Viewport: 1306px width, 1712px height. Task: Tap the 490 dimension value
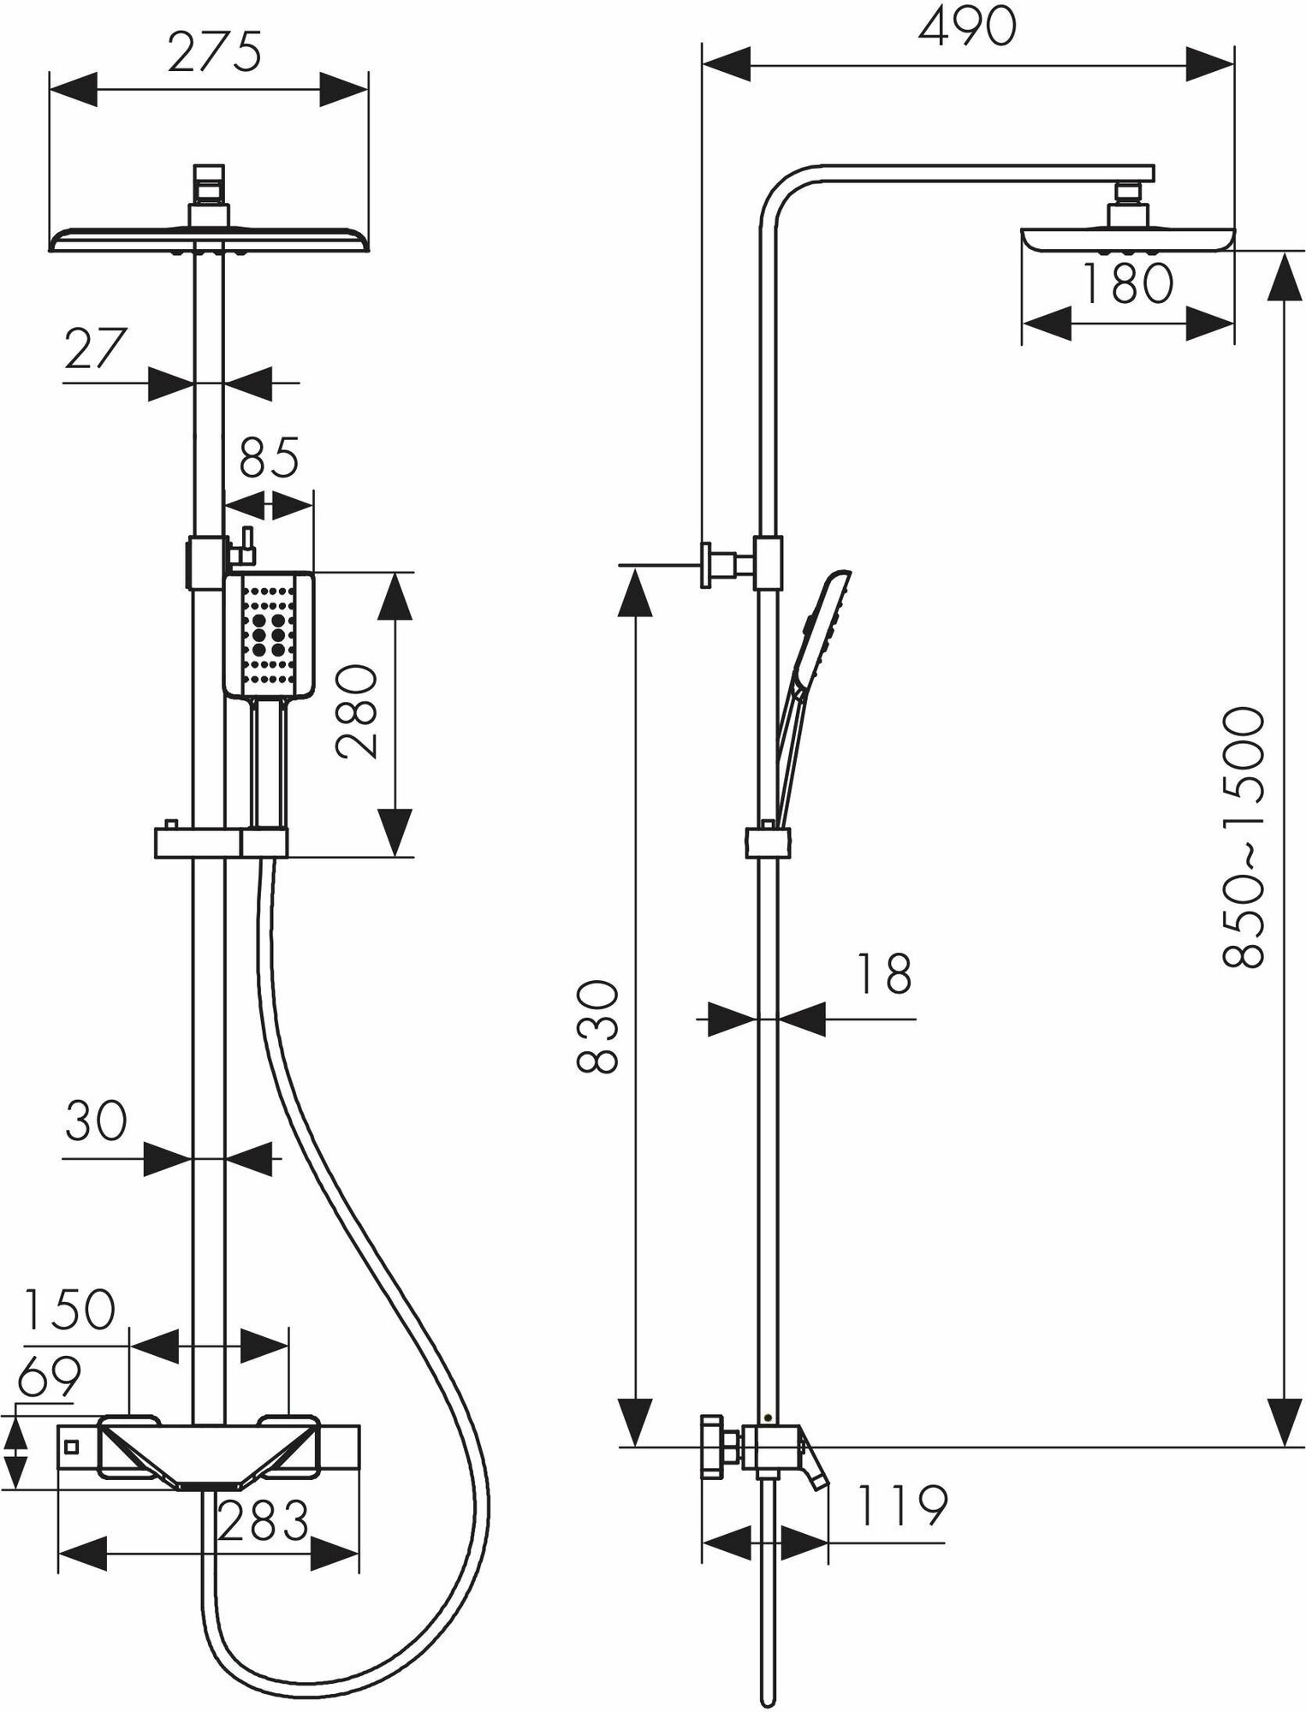[x=967, y=27]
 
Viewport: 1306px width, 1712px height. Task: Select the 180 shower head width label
[x=1127, y=284]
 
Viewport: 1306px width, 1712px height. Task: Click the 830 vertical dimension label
[x=597, y=1027]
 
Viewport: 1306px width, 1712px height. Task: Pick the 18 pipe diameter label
[x=883, y=974]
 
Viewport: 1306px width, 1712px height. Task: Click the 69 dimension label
[x=50, y=1376]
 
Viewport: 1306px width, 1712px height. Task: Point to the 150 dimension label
[x=69, y=1310]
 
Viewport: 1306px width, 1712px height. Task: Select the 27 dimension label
[x=96, y=348]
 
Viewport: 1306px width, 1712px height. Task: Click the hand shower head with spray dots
[x=269, y=635]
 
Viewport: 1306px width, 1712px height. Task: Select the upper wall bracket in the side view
[x=723, y=565]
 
